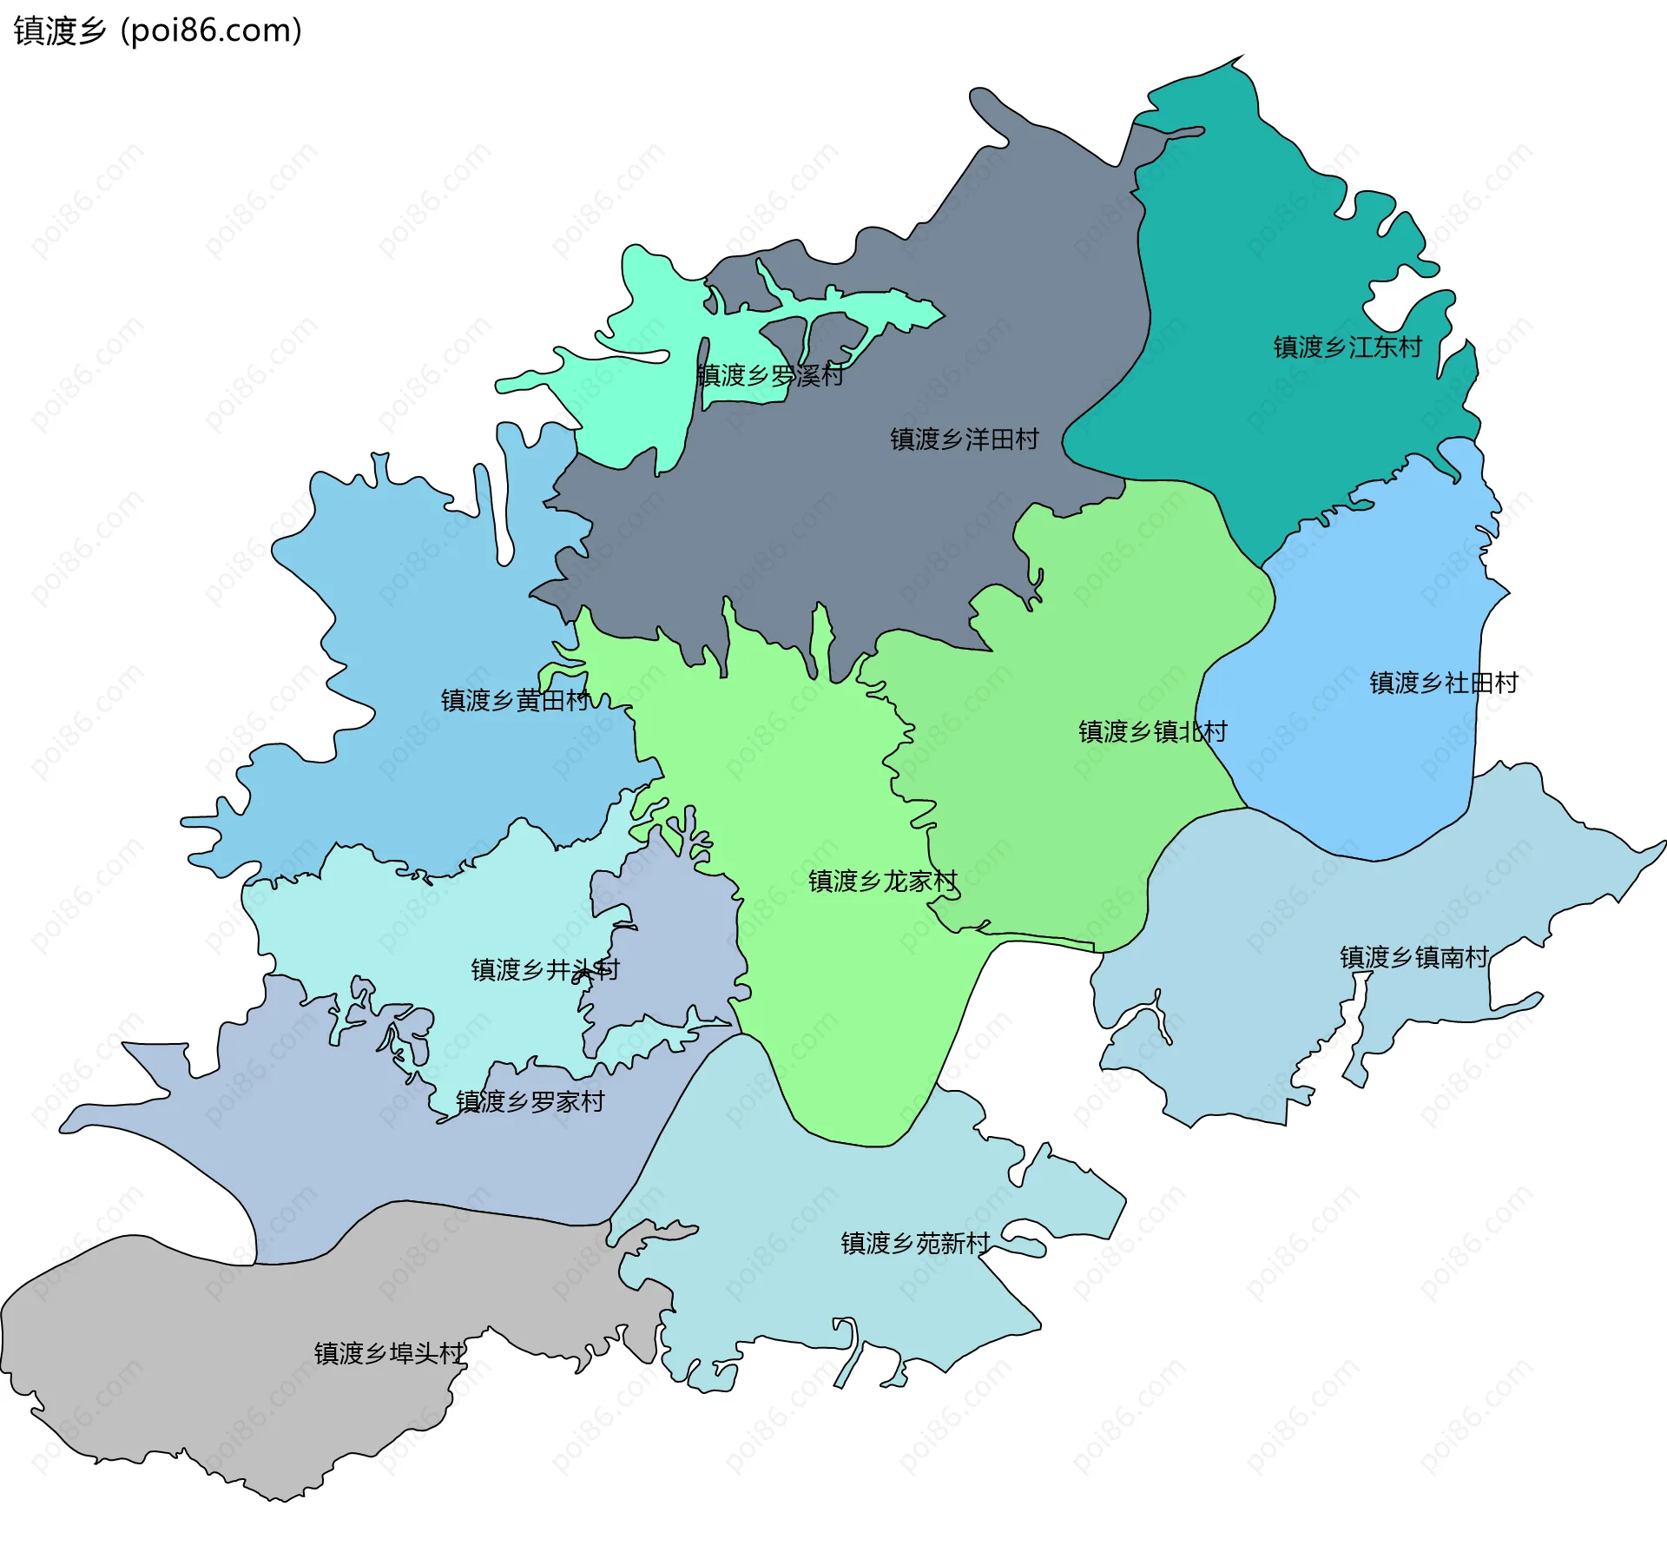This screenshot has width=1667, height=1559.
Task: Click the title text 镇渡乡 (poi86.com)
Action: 157,30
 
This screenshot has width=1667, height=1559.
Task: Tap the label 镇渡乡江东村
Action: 1347,347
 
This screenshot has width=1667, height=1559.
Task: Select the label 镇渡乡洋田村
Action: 964,439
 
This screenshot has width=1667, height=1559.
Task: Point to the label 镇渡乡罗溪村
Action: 770,376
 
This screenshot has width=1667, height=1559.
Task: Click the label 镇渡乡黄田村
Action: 515,700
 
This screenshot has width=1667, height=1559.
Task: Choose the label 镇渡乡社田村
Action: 1443,683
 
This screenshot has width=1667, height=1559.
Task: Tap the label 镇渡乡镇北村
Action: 1152,732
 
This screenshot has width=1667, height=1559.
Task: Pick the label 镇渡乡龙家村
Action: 882,882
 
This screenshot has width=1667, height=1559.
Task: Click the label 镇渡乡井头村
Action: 545,970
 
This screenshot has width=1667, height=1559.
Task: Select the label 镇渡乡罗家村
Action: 530,1102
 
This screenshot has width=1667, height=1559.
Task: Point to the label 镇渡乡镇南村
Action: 1413,958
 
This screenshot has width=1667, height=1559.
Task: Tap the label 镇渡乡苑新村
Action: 915,1244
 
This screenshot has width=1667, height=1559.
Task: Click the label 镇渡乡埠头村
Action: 389,1353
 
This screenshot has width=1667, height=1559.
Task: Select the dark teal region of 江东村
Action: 1259,261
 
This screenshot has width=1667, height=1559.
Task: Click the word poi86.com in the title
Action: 211,30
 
